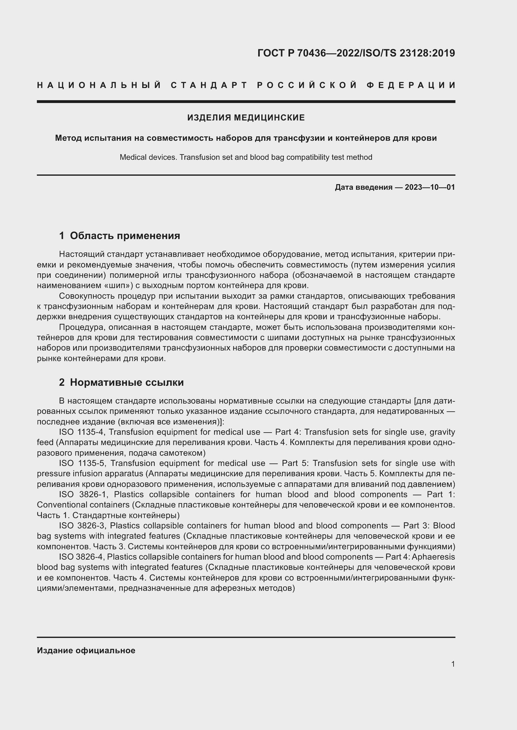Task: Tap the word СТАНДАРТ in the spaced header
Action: pos(209,85)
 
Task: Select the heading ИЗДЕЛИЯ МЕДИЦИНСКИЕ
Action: pos(246,118)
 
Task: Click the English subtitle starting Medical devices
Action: pos(246,157)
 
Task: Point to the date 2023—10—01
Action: pos(430,187)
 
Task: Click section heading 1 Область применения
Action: pos(120,236)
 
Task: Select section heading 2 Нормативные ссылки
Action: pos(121,382)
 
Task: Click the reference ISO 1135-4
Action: pos(82,432)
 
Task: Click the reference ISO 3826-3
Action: pos(82,525)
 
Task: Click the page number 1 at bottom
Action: pos(453,664)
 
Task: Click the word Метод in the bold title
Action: pos(67,138)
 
